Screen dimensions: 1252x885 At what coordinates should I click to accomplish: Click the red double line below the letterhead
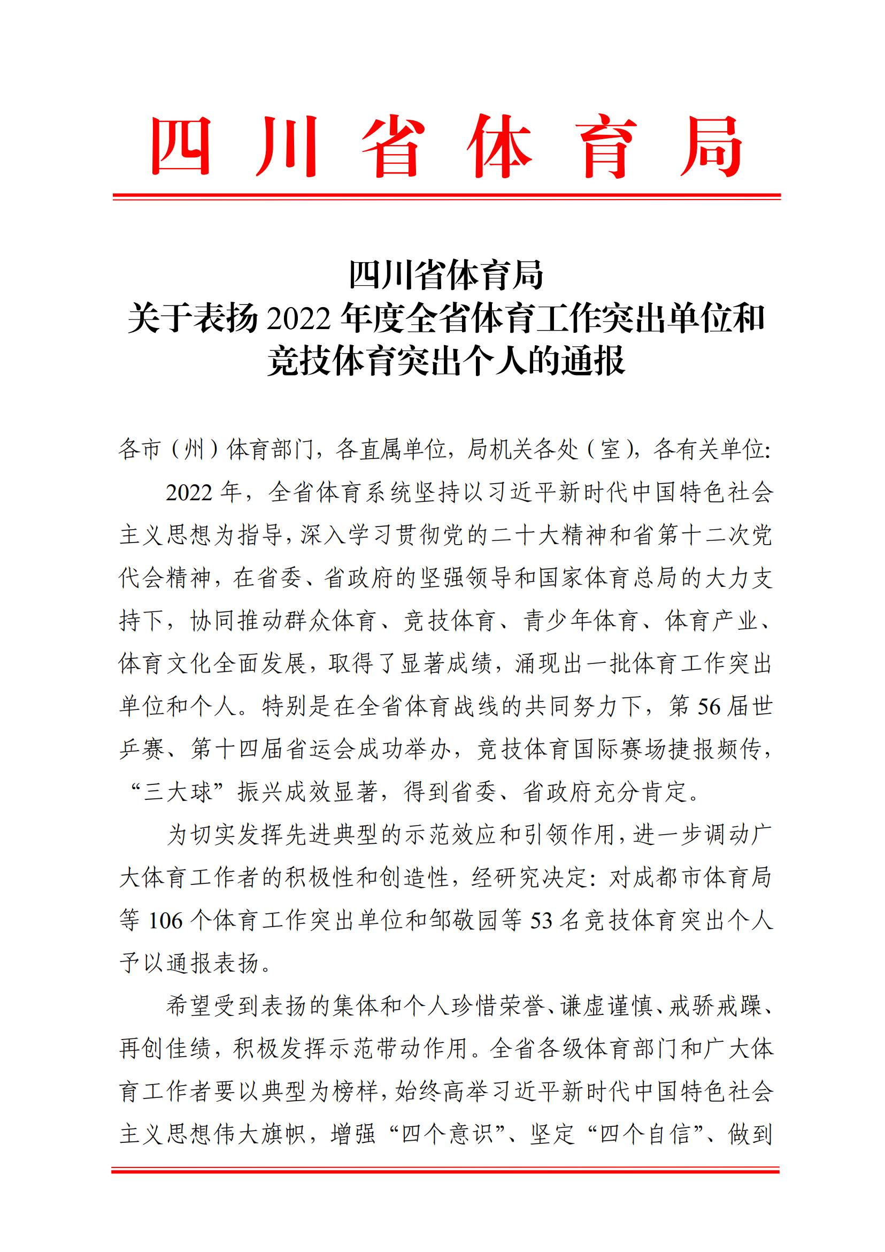(x=447, y=196)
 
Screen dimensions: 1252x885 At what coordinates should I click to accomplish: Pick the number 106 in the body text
(x=166, y=921)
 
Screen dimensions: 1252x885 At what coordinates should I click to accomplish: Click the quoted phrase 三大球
(x=177, y=792)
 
